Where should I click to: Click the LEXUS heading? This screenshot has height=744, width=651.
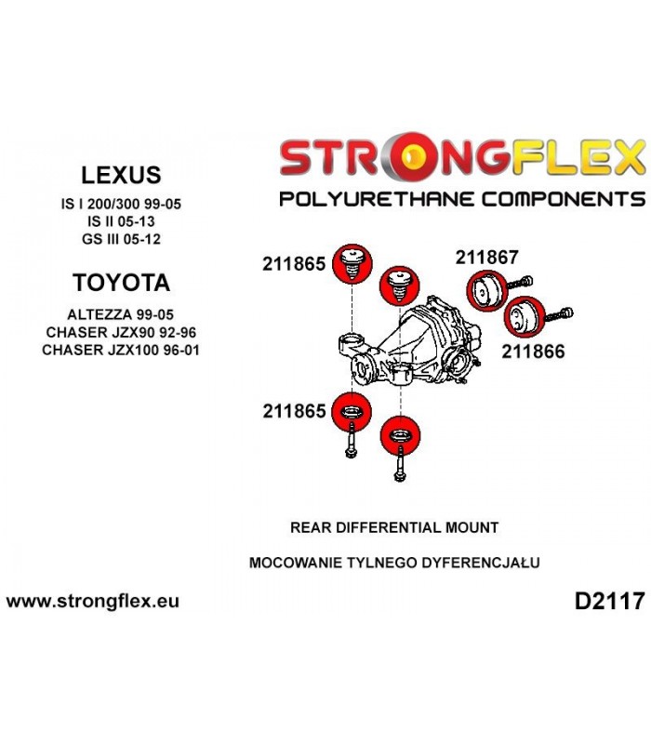[121, 175]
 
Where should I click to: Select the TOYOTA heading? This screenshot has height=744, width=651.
[122, 283]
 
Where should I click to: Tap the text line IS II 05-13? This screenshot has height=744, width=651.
[121, 221]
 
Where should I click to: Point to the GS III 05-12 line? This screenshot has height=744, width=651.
[121, 239]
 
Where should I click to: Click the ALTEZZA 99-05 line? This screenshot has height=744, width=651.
[121, 314]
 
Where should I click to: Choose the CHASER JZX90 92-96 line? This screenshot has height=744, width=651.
[121, 332]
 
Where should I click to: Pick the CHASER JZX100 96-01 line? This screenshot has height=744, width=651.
[121, 351]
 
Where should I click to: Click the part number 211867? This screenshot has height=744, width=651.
[486, 258]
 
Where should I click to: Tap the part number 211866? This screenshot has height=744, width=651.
[533, 352]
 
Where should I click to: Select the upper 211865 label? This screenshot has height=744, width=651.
[294, 264]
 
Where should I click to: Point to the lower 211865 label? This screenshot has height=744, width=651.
[294, 411]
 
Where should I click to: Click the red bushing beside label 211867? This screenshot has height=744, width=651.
[487, 290]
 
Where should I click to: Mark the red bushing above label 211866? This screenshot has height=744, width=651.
[524, 318]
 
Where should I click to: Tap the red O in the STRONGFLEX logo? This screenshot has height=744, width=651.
[412, 157]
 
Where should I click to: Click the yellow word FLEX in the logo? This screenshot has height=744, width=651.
[578, 156]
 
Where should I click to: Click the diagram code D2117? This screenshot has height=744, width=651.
[610, 602]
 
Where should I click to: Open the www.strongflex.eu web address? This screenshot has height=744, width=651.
[92, 601]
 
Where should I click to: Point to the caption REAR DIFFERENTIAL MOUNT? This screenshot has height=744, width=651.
[394, 527]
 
